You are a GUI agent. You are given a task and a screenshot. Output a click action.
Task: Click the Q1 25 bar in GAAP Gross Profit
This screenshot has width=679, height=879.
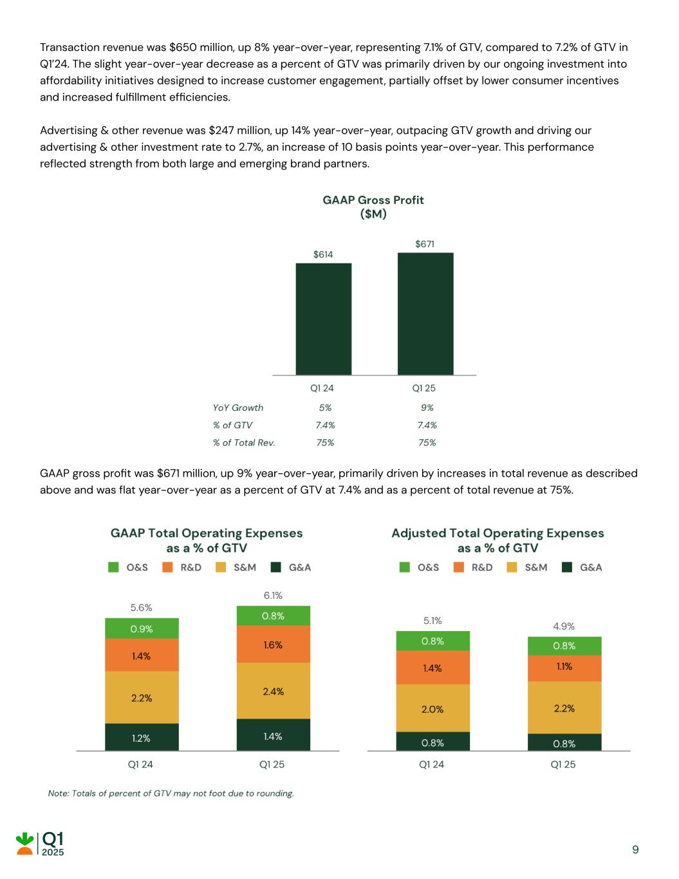click(425, 314)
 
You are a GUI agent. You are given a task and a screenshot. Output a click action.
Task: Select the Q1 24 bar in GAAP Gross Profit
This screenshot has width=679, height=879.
click(323, 319)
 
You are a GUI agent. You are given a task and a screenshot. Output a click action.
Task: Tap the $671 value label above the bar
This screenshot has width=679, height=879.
click(425, 244)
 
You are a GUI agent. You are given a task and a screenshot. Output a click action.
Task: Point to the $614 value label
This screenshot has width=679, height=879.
click(323, 254)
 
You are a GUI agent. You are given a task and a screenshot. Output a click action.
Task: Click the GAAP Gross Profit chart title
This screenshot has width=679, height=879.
click(373, 207)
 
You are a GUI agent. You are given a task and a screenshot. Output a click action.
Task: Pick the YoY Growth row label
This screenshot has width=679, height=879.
click(238, 408)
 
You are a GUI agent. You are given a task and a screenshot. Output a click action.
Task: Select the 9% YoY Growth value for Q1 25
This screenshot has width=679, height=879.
click(427, 408)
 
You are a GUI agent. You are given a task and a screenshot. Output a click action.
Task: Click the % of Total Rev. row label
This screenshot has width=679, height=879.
click(244, 442)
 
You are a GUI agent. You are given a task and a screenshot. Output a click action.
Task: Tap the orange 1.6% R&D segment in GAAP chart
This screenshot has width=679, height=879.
click(273, 645)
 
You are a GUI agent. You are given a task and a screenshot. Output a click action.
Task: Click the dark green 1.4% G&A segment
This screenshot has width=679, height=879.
click(273, 735)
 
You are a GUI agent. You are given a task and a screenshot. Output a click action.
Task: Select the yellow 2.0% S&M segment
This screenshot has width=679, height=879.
click(433, 708)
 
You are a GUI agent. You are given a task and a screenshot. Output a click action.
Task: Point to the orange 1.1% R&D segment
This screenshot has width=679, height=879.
click(564, 668)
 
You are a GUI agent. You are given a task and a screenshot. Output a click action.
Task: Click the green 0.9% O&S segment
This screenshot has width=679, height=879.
click(142, 629)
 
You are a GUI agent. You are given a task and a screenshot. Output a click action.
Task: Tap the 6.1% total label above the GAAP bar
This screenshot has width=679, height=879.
click(273, 596)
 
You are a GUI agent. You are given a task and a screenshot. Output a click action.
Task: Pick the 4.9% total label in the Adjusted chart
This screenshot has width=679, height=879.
click(564, 626)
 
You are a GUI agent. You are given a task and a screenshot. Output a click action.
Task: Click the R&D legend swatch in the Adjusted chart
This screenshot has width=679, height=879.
click(459, 567)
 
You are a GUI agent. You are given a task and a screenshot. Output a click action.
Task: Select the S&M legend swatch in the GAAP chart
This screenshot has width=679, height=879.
click(221, 567)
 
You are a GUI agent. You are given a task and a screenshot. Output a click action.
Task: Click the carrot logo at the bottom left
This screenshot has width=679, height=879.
click(25, 844)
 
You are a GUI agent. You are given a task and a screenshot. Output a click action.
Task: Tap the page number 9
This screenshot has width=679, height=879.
click(635, 850)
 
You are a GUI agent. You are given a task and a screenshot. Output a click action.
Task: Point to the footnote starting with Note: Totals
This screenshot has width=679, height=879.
click(171, 793)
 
